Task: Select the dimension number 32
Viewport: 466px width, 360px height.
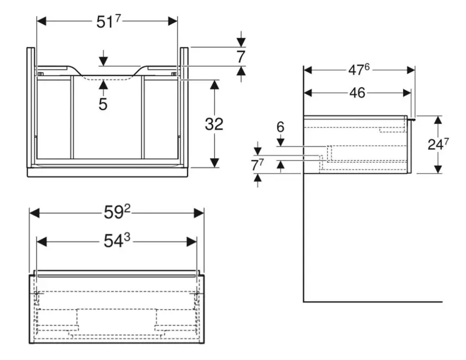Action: click(x=214, y=123)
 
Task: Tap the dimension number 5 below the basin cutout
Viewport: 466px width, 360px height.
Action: click(x=103, y=104)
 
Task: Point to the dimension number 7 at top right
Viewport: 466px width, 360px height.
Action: click(x=241, y=57)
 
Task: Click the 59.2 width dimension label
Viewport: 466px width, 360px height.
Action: click(x=117, y=213)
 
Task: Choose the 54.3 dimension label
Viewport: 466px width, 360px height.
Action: click(x=117, y=241)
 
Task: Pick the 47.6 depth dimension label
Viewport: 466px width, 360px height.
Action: click(x=359, y=70)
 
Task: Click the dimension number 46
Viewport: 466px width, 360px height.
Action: click(x=357, y=93)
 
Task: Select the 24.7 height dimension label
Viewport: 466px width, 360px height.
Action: click(x=439, y=145)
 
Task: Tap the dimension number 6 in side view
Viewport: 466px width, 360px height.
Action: click(x=280, y=127)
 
